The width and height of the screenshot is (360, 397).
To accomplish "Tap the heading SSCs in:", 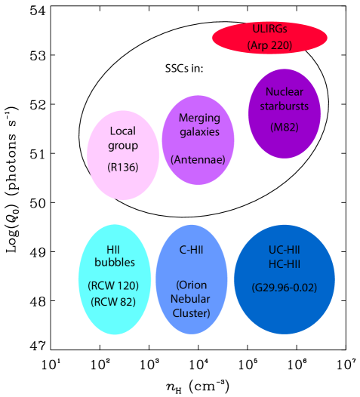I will (x=185, y=69).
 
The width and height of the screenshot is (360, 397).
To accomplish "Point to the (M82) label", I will (x=285, y=127).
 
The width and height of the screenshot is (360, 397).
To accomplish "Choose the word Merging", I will (x=198, y=118).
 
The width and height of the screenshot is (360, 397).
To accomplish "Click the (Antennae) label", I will (x=198, y=159).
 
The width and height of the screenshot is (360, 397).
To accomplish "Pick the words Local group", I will (x=122, y=137).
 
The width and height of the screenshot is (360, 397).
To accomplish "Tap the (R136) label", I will (x=122, y=167).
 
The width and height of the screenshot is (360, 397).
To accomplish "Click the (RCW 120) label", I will (x=115, y=286).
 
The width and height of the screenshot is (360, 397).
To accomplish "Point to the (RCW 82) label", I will (x=115, y=302).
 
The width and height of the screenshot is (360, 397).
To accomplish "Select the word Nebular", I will (x=191, y=298).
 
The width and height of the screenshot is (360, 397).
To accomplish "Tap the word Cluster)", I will (x=191, y=312).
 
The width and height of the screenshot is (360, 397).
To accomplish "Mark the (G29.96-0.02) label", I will (x=284, y=288).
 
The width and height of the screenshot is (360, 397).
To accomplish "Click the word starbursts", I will (x=285, y=106).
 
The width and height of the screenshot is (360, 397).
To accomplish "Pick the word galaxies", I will (x=198, y=131).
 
